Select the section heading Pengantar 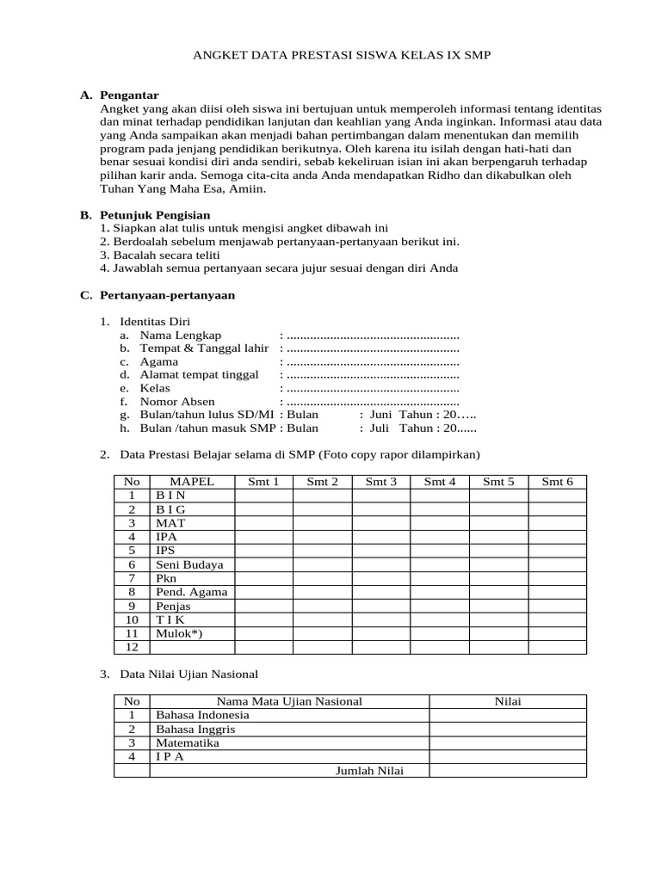pos(129,95)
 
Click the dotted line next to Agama pos(372,362)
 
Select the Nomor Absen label pos(177,401)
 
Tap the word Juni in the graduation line pos(380,415)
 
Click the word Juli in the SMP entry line pos(380,428)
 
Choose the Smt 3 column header pos(380,482)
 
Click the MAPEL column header pos(191,482)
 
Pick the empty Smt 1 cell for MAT pos(263,522)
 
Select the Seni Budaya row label pos(189,564)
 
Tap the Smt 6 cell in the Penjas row pos(557,606)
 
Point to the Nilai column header pos(507,701)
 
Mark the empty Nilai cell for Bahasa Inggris pos(507,729)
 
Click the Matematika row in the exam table pos(187,742)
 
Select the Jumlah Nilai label pos(369,770)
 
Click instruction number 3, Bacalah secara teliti pos(159,255)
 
